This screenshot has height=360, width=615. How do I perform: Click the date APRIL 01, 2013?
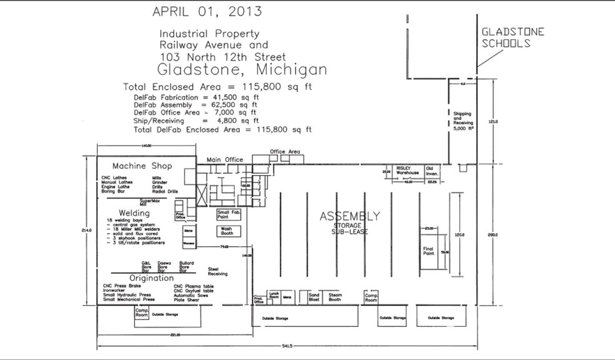coord(207,11)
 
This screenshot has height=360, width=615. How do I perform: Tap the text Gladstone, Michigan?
coord(242,68)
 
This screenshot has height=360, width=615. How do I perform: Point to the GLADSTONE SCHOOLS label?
coord(512,37)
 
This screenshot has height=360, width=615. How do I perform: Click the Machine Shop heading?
coord(142,166)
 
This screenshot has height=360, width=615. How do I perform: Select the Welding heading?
coord(134,213)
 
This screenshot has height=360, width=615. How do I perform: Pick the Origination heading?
coord(151,277)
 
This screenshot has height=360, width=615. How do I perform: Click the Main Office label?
coord(225,160)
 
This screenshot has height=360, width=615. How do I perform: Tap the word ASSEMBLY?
coord(349,216)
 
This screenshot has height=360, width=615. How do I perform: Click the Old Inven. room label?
coord(432,171)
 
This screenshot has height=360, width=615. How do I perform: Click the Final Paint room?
coord(428,251)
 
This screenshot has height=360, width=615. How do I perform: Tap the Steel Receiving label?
coord(217,271)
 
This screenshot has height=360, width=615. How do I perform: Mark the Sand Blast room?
coord(314,297)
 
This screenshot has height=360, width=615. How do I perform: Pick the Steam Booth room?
coord(335,297)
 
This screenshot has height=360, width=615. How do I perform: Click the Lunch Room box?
coord(273,296)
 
